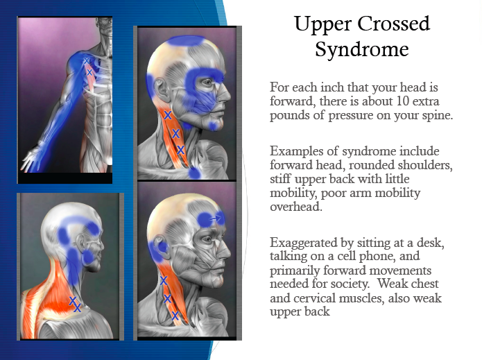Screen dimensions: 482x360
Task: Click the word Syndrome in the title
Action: pos(362,49)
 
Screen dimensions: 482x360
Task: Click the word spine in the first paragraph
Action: pos(437,116)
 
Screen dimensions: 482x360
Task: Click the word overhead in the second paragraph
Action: pos(295,207)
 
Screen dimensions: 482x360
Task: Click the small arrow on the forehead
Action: pos(216,218)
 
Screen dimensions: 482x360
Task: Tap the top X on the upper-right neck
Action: pos(168,115)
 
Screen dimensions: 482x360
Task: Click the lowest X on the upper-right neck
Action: pos(180,150)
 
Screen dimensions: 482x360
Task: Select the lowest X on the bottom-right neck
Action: pos(175,316)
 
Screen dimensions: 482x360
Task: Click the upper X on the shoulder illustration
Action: pos(87,61)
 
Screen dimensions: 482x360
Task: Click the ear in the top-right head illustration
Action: pos(159,89)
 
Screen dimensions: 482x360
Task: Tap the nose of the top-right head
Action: pos(225,92)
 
